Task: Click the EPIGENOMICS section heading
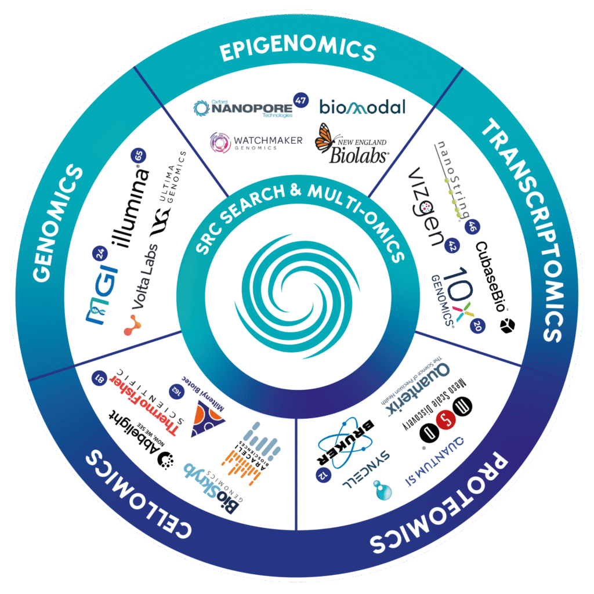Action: click(298, 50)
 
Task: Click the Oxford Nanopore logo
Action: click(244, 108)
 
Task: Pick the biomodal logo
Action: click(362, 107)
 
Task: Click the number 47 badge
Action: click(300, 99)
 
